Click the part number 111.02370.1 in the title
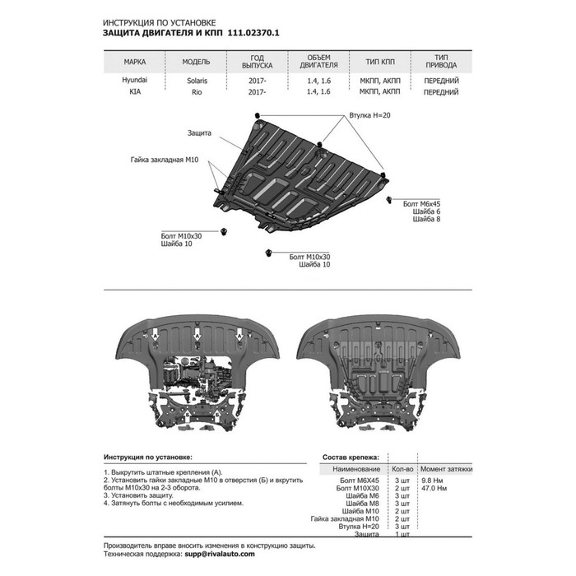click(253, 33)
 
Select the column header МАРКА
click(135, 62)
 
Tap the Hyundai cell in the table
click(135, 80)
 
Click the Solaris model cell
click(197, 81)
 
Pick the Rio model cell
click(197, 92)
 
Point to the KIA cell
click(135, 92)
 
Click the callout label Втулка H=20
click(369, 115)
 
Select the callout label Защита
click(199, 133)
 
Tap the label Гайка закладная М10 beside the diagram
click(165, 160)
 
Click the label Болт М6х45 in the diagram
click(421, 204)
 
